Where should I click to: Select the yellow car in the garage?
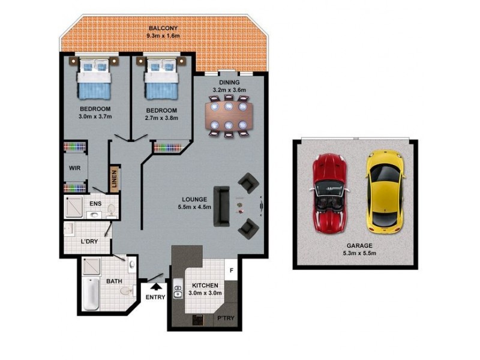[x=383, y=191]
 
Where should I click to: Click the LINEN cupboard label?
[x=114, y=178]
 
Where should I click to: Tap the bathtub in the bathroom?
[x=91, y=294]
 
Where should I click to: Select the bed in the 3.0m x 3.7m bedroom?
[x=95, y=79]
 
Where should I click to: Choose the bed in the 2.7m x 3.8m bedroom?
[x=161, y=79]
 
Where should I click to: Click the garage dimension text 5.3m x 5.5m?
[x=359, y=254]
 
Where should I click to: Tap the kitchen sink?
[x=178, y=292]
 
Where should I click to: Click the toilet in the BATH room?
[x=126, y=290]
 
